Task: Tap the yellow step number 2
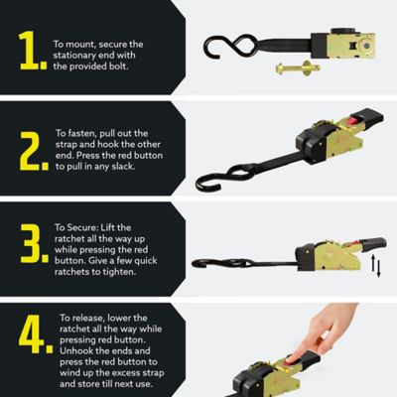click(x=32, y=149)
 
